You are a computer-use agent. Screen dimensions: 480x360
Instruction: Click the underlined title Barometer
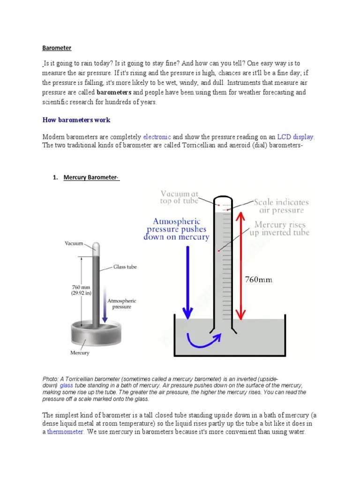pyautogui.click(x=57, y=48)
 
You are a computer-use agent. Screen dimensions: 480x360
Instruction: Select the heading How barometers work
pyautogui.click(x=76, y=120)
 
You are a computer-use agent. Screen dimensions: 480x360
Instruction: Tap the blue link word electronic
pyautogui.click(x=157, y=137)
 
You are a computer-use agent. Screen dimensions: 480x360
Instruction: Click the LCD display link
pyautogui.click(x=295, y=137)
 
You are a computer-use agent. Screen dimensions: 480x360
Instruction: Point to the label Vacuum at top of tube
pyautogui.click(x=179, y=197)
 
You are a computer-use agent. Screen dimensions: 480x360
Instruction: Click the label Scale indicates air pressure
pyautogui.click(x=281, y=206)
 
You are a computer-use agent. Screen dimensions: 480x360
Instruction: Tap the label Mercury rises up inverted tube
pyautogui.click(x=282, y=228)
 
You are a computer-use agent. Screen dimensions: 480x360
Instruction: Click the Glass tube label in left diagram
pyautogui.click(x=124, y=267)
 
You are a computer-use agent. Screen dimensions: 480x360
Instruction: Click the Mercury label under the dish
pyautogui.click(x=80, y=352)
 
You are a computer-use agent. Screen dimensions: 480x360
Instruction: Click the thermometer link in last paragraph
pyautogui.click(x=66, y=432)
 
